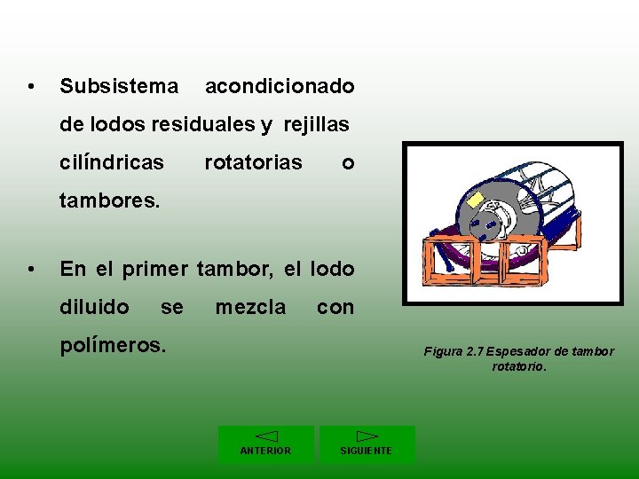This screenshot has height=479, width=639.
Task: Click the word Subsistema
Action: [119, 87]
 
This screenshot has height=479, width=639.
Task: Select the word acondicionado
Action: [280, 87]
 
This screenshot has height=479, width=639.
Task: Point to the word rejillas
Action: [317, 125]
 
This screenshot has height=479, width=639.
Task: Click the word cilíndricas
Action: [112, 163]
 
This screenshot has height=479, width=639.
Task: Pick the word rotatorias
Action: [254, 163]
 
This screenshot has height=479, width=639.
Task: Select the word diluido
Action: [94, 307]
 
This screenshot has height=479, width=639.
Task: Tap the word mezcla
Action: [251, 307]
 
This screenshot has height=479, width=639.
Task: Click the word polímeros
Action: [113, 345]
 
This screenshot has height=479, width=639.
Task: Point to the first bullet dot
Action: [32, 87]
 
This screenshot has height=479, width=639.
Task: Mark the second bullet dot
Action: [32, 269]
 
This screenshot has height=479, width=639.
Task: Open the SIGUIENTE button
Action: [367, 444]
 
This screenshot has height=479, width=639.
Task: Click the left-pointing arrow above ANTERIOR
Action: [266, 436]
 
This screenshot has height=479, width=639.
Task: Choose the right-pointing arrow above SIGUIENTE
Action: [367, 436]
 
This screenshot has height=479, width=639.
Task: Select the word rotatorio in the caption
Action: [519, 365]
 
